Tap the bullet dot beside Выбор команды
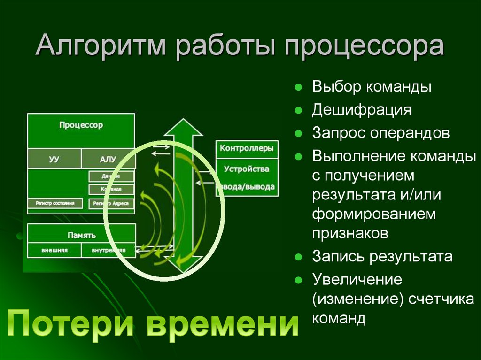pyautogui.click(x=298, y=88)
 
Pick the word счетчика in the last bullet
pyautogui.click(x=441, y=299)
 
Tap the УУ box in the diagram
pyautogui.click(x=54, y=159)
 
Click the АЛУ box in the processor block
pyautogui.click(x=108, y=159)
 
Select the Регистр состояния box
pyautogui.click(x=55, y=203)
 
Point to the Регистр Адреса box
pyautogui.click(x=111, y=203)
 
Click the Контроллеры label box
pyautogui.click(x=247, y=148)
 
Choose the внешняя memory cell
pyautogui.click(x=54, y=250)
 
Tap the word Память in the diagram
pyautogui.click(x=81, y=235)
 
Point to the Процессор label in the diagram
pyautogui.click(x=81, y=125)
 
